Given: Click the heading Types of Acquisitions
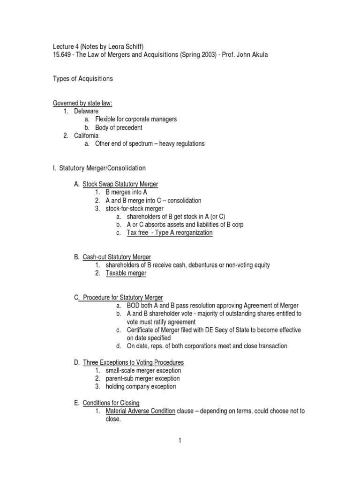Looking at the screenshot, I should click(x=82, y=79).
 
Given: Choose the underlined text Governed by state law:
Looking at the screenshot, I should click(x=82, y=103).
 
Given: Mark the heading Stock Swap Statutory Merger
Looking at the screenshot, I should click(x=120, y=184).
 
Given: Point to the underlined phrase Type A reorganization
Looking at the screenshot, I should click(x=184, y=232).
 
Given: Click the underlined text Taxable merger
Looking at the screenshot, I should click(x=126, y=273).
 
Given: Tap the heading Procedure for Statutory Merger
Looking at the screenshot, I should click(x=123, y=298).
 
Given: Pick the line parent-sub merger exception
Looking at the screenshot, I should click(x=142, y=378).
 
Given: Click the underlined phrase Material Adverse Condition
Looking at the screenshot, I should click(x=141, y=411).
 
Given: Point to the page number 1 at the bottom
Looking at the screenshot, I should click(x=180, y=440).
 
